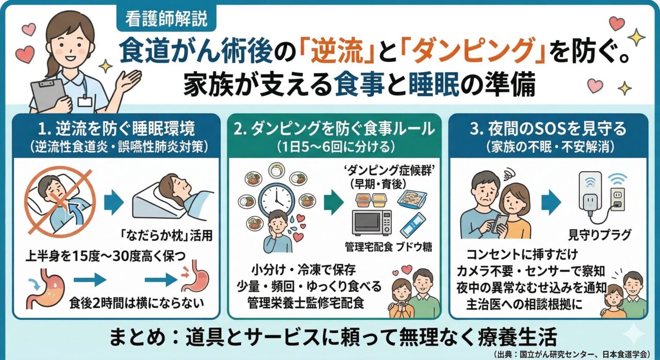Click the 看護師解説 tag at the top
pyautogui.click(x=166, y=19)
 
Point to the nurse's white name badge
pyautogui.click(x=85, y=101)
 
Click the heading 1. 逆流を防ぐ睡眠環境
pyautogui.click(x=117, y=129)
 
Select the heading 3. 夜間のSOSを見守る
pyautogui.click(x=548, y=129)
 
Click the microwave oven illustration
pyautogui.click(x=372, y=223)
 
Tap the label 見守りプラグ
pyautogui.click(x=599, y=235)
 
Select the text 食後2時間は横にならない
pyautogui.click(x=137, y=303)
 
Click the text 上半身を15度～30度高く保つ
pyautogui.click(x=106, y=256)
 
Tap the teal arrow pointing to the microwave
pyautogui.click(x=334, y=202)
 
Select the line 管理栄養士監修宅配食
pyautogui.click(x=306, y=303)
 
